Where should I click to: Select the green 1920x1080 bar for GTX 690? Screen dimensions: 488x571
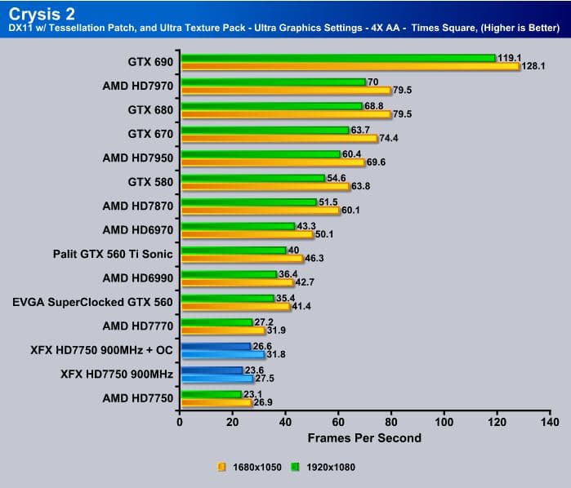tap(337, 58)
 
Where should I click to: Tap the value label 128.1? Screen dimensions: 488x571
tap(535, 67)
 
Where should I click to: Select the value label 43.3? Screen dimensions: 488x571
tap(308, 225)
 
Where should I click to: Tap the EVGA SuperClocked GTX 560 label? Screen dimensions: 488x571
tap(93, 301)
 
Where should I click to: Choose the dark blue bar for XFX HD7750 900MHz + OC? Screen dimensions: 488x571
tap(215, 346)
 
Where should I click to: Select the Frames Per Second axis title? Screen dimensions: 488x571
tap(364, 438)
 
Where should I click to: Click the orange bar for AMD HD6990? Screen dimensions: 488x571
tap(236, 282)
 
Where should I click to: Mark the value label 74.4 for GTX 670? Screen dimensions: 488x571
tap(390, 139)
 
